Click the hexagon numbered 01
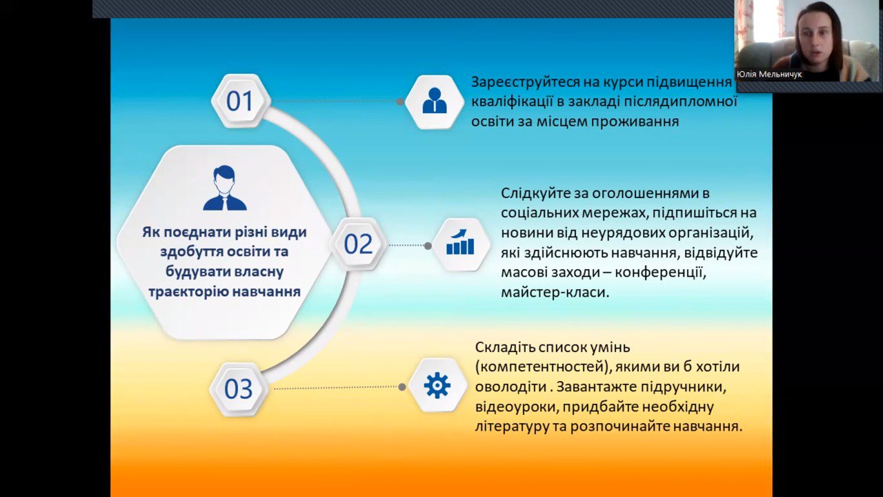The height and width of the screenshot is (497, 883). [x=241, y=101]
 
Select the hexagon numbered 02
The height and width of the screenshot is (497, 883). [x=358, y=244]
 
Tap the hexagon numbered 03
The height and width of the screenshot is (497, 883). [x=239, y=389]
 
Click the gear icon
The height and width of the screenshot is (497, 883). [x=437, y=385]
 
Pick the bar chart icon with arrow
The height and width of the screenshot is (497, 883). [x=460, y=242]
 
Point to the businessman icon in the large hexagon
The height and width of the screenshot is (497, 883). [x=225, y=188]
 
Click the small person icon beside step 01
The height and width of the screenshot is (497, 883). [x=435, y=100]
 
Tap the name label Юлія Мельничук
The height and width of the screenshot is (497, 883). [x=769, y=74]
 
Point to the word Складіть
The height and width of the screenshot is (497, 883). [x=504, y=347]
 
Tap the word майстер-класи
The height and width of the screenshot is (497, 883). [x=555, y=293]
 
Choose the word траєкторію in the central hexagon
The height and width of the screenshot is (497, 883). [x=188, y=292]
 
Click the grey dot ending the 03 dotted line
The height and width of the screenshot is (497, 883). [x=402, y=387]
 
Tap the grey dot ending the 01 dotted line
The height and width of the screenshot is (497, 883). [x=399, y=101]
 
